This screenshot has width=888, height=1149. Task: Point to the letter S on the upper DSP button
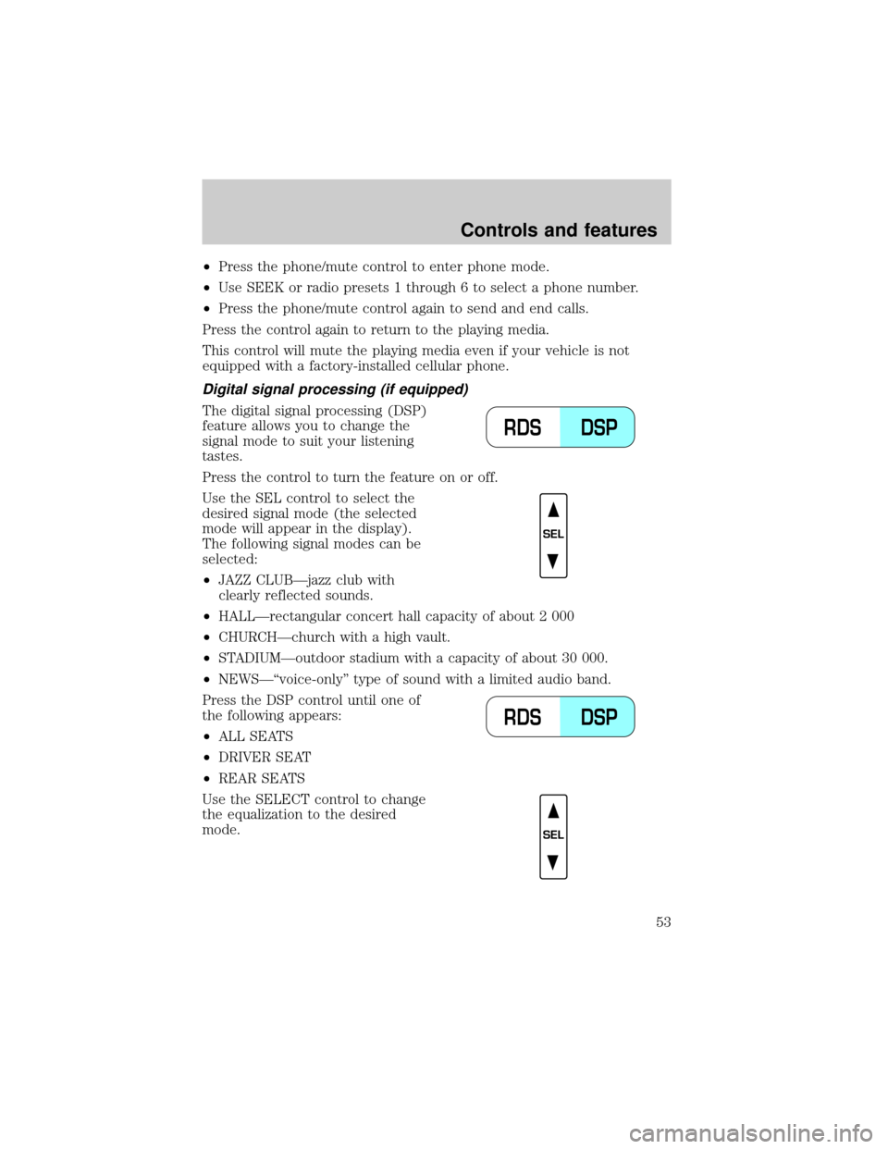599,427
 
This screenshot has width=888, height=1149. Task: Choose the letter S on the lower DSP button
599,717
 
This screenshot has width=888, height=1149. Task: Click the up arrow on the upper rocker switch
552,509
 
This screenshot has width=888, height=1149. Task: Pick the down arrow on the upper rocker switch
552,562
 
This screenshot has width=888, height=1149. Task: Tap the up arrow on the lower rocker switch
552,810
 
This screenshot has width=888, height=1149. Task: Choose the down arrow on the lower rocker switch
552,862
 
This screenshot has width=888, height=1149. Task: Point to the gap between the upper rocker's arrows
552,536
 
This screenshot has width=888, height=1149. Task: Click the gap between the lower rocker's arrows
552,836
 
